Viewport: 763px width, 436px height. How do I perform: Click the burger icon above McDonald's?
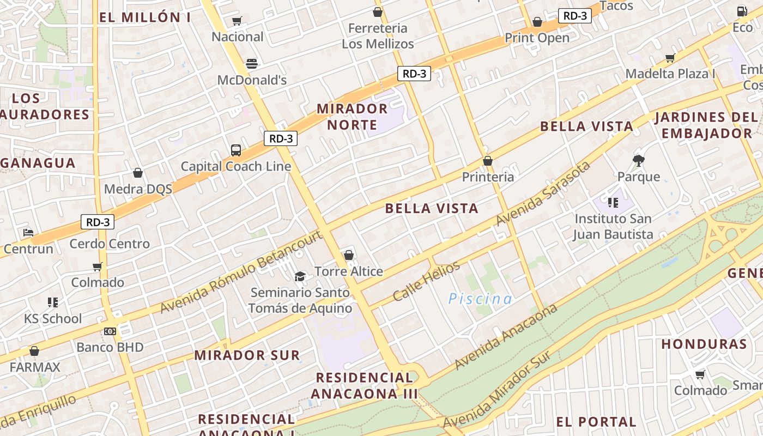[x=251, y=63]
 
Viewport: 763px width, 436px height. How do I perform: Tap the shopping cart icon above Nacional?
[x=237, y=21]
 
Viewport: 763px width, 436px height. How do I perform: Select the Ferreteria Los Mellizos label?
[x=378, y=36]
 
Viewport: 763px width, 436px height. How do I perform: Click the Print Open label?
[x=537, y=38]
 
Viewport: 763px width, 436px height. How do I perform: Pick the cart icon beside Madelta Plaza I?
[x=670, y=58]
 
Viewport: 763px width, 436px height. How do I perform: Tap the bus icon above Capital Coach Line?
[x=236, y=150]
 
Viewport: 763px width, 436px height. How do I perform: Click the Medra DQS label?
[x=138, y=189]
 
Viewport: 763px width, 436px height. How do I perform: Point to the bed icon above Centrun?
[x=28, y=233]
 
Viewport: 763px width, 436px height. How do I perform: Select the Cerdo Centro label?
[x=109, y=244]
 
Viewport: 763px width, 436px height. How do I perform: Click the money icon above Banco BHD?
[x=110, y=331]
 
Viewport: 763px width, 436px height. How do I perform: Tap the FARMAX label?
[x=35, y=367]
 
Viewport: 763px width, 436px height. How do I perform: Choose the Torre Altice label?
[x=349, y=271]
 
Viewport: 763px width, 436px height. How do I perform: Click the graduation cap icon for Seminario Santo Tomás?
[x=300, y=276]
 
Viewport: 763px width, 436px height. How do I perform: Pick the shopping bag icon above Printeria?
[x=488, y=161]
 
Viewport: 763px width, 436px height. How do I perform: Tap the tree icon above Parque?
[x=638, y=160]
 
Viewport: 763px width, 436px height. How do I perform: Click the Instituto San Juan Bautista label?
[x=613, y=226]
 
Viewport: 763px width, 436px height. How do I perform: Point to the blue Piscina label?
[x=480, y=299]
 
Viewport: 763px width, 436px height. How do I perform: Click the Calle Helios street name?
[x=426, y=281]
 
